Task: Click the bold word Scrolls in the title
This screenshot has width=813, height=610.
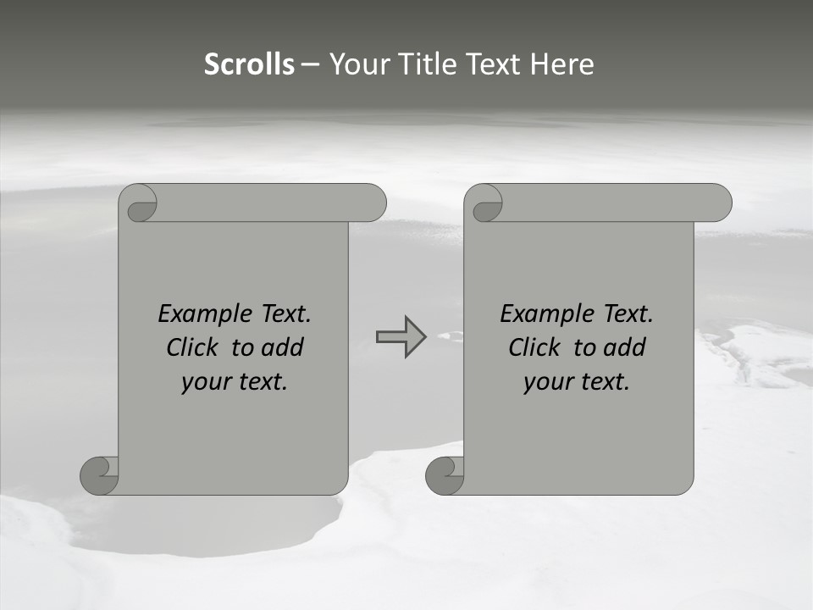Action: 250,64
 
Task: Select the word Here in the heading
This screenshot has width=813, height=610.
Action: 562,64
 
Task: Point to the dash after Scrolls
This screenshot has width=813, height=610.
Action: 311,64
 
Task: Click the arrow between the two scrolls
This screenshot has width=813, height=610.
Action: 401,337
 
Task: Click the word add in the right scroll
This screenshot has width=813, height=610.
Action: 626,347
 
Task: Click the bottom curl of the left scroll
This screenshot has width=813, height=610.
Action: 99,475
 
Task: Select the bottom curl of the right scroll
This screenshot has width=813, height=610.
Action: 445,475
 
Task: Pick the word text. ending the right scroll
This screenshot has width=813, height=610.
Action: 602,382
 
